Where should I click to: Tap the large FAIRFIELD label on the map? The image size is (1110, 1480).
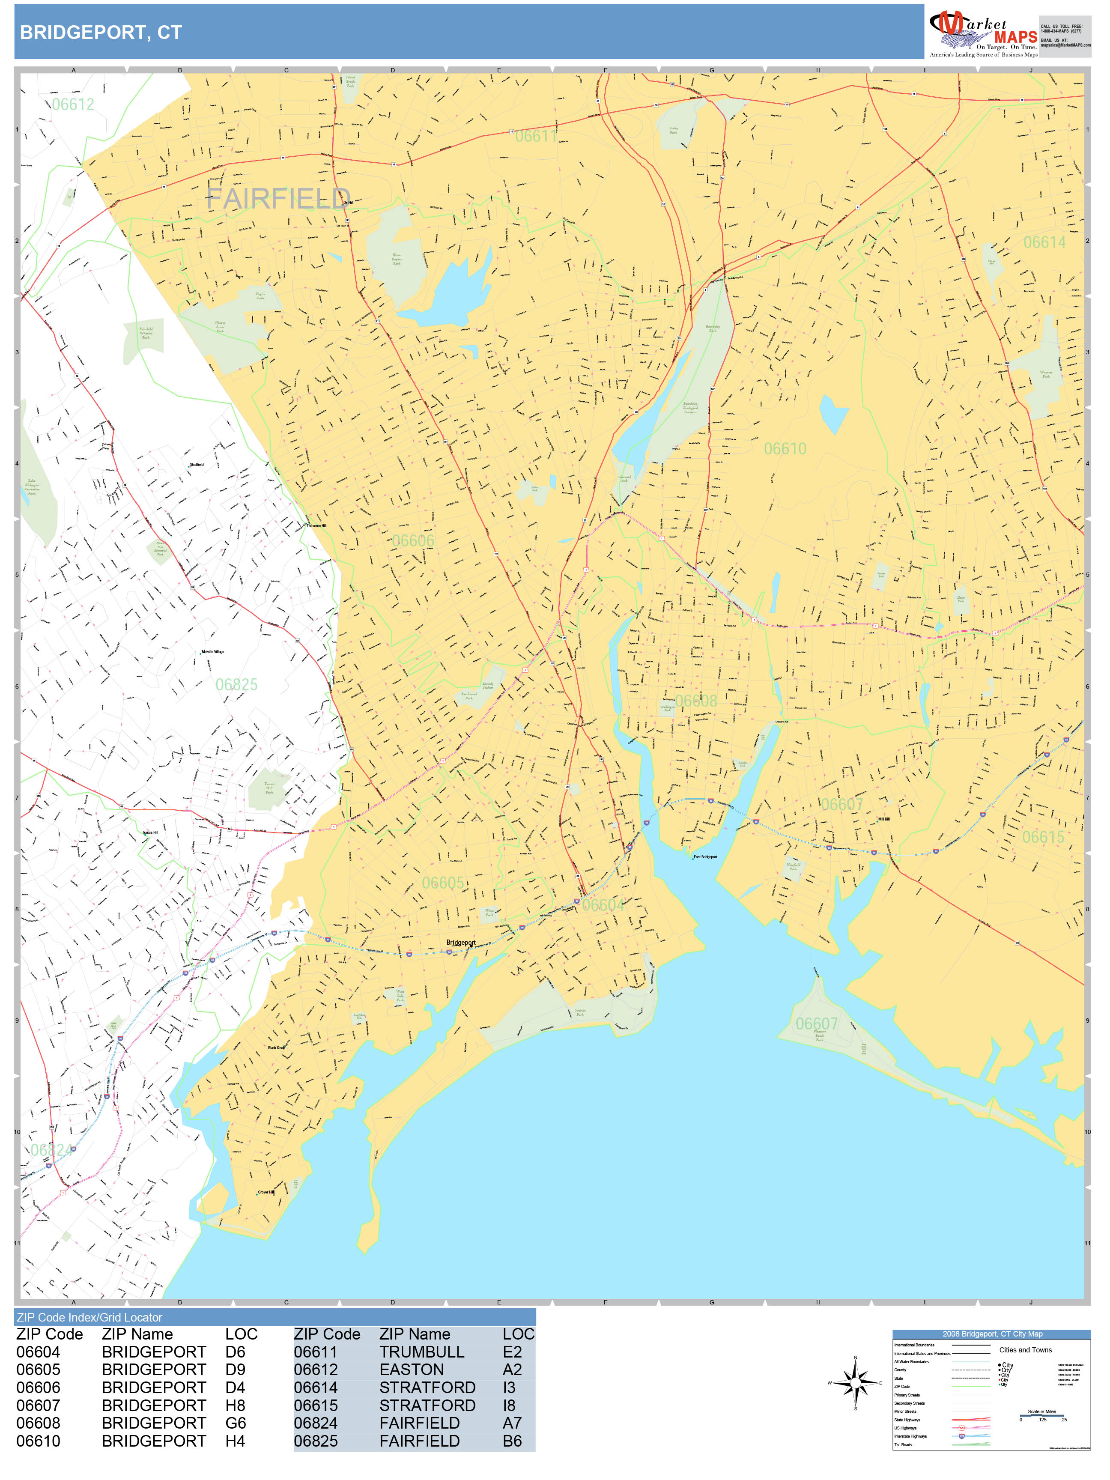coord(277,199)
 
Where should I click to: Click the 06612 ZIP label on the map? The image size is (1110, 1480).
coord(73,104)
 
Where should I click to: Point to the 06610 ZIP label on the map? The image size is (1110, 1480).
coord(785,448)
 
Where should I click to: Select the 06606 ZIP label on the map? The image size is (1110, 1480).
coord(413,540)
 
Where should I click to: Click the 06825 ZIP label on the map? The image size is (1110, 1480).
coord(236,684)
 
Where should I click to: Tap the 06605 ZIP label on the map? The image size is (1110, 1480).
coord(442,883)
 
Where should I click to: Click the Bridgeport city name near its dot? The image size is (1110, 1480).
coord(460,943)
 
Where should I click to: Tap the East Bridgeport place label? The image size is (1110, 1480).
coord(705,857)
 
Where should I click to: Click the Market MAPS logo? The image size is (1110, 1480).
coord(982,32)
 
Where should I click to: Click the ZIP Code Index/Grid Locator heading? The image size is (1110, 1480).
coord(90,1317)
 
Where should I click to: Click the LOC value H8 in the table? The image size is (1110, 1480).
coord(235,1406)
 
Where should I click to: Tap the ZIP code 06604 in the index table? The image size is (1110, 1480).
coord(38,1352)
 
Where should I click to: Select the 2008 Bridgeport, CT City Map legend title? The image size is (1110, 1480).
coord(991,1334)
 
